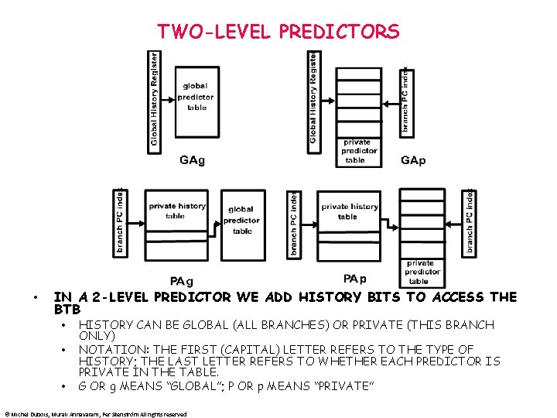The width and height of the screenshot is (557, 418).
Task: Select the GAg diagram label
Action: click(x=192, y=160)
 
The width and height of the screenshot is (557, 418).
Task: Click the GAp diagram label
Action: click(x=413, y=160)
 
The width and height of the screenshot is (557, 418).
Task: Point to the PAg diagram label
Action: click(x=182, y=280)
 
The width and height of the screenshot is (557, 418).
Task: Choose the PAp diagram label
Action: click(x=354, y=279)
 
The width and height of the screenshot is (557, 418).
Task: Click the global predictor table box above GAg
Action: click(x=196, y=97)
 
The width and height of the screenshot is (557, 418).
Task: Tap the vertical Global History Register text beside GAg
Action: click(x=155, y=98)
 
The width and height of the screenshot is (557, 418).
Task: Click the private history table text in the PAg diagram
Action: click(x=177, y=211)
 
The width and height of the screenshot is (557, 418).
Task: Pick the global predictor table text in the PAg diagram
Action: click(x=241, y=220)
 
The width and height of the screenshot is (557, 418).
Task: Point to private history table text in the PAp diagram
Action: click(x=350, y=211)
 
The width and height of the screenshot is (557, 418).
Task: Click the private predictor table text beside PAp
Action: click(x=422, y=272)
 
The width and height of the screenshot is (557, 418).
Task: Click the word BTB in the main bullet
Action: click(x=67, y=310)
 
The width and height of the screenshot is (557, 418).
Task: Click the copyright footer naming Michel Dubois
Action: click(x=95, y=414)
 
